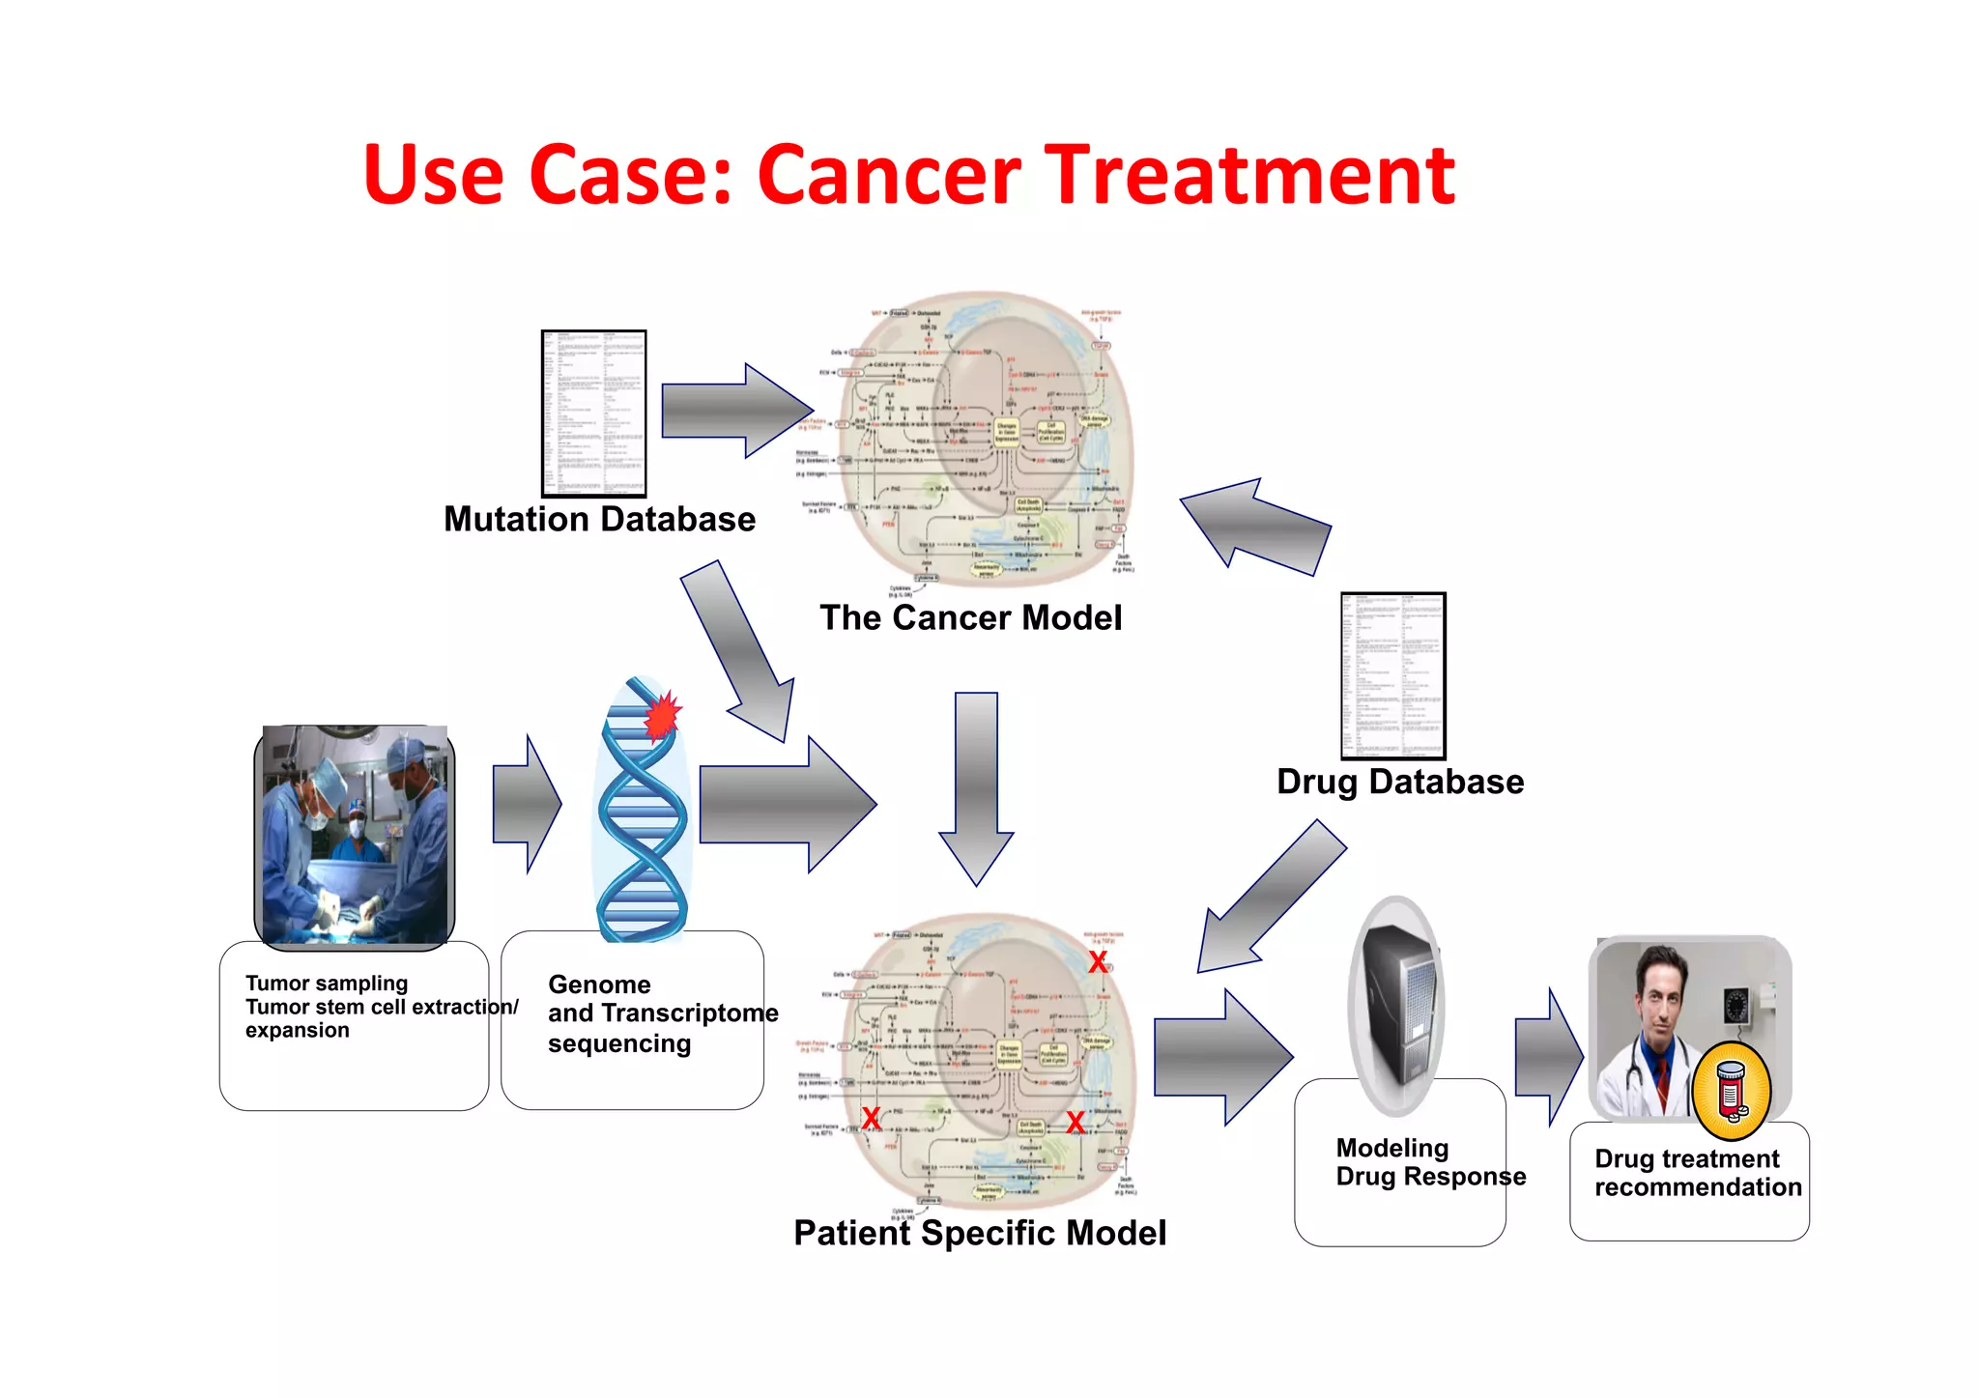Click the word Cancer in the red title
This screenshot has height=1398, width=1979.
click(x=889, y=176)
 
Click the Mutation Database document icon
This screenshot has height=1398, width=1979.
click(x=593, y=414)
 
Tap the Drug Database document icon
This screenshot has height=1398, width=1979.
click(x=1392, y=675)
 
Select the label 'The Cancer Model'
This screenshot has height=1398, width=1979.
click(x=970, y=618)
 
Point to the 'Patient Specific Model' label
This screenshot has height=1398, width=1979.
click(x=979, y=1234)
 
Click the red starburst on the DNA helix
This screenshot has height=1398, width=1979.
click(x=663, y=715)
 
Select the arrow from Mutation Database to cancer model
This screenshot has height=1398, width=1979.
click(x=734, y=411)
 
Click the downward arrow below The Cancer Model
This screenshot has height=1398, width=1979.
click(x=976, y=787)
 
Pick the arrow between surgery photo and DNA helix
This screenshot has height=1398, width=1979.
click(x=525, y=804)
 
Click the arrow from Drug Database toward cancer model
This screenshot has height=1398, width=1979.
click(x=1256, y=527)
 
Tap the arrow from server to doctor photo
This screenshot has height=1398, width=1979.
click(x=1546, y=1058)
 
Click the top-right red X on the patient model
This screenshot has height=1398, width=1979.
click(x=1098, y=962)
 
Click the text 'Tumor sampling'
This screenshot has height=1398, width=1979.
click(x=327, y=984)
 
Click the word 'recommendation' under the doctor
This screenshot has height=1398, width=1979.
click(x=1698, y=1187)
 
